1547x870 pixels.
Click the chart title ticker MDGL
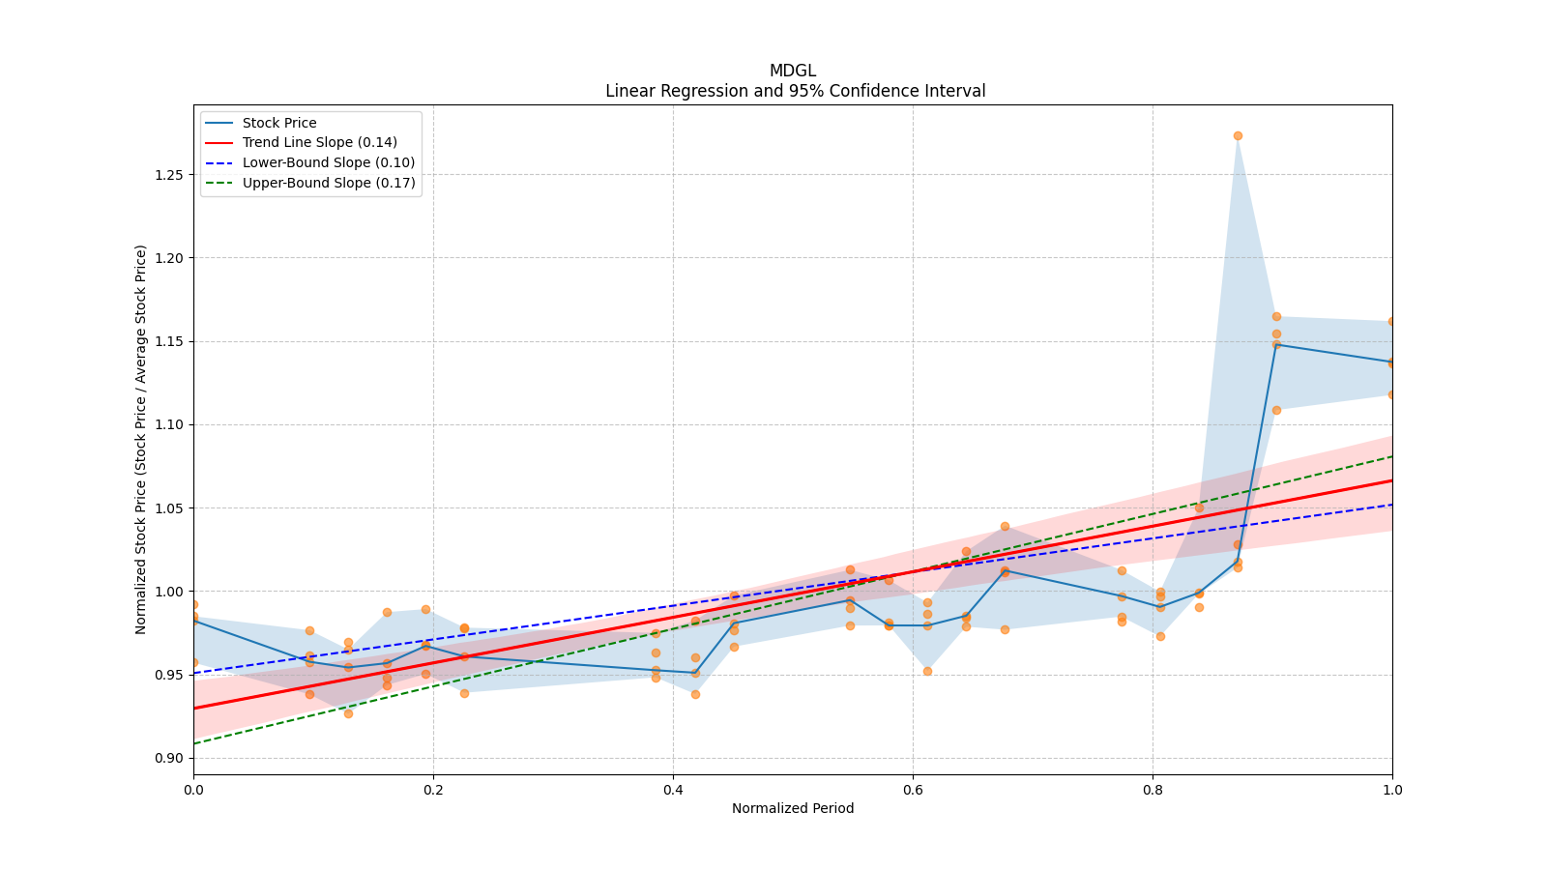(x=792, y=71)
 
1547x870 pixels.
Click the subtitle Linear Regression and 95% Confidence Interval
(x=795, y=91)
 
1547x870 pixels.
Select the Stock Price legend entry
(x=279, y=123)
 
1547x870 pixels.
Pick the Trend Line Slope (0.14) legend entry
(x=319, y=143)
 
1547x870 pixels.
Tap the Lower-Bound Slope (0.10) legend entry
(x=328, y=162)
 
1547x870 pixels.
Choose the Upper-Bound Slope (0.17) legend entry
(x=329, y=183)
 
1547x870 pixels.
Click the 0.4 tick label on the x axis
(x=673, y=789)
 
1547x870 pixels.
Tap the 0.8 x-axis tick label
(x=1153, y=789)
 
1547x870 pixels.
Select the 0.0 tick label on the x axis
(x=193, y=789)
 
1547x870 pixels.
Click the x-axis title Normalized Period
(x=793, y=808)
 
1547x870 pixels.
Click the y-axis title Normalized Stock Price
(x=141, y=439)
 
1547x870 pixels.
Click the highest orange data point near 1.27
(x=1238, y=135)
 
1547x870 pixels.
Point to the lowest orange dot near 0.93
(x=348, y=713)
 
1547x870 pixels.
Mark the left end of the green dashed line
(x=194, y=742)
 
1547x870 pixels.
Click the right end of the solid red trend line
(x=1391, y=480)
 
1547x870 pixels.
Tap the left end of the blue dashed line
(x=194, y=673)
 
